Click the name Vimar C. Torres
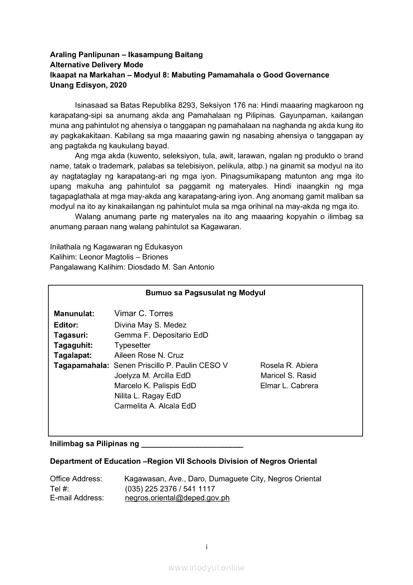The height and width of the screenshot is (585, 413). pyautogui.click(x=143, y=314)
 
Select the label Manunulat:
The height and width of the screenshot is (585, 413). pyautogui.click(x=74, y=314)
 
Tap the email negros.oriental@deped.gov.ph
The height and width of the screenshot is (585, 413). pyautogui.click(x=177, y=498)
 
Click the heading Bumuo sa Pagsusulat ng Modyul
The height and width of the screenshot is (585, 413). pyautogui.click(x=205, y=293)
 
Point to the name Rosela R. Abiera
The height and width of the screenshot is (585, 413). pyautogui.click(x=289, y=365)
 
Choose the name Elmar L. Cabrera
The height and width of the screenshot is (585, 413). pyautogui.click(x=289, y=386)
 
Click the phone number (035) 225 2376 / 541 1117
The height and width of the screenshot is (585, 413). pyautogui.click(x=170, y=489)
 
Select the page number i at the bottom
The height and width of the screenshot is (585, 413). pyautogui.click(x=206, y=547)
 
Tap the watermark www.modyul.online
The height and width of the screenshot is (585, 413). pyautogui.click(x=206, y=567)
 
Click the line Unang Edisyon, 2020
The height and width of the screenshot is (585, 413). pyautogui.click(x=88, y=85)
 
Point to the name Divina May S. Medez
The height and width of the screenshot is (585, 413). pyautogui.click(x=150, y=325)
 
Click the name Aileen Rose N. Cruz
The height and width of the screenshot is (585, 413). pyautogui.click(x=149, y=355)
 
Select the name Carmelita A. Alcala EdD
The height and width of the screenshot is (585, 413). pyautogui.click(x=155, y=406)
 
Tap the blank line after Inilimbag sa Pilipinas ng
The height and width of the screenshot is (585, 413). pyautogui.click(x=192, y=444)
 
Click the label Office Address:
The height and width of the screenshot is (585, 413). pyautogui.click(x=76, y=479)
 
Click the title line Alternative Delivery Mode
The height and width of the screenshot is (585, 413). pyautogui.click(x=96, y=65)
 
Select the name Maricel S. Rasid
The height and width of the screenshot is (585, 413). pyautogui.click(x=288, y=375)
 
